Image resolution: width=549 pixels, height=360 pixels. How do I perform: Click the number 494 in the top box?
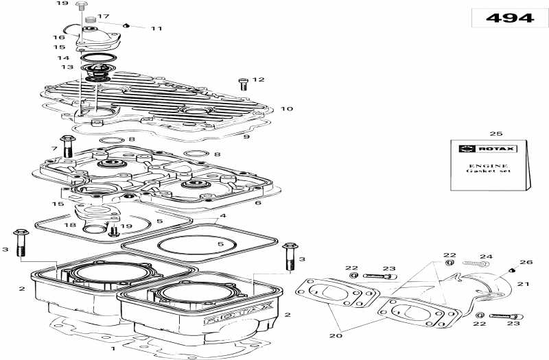tap(510, 18)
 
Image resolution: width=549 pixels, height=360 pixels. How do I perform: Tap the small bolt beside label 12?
tap(243, 84)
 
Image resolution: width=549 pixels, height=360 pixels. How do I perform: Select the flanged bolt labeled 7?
tap(68, 147)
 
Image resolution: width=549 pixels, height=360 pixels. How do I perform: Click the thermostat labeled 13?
tap(97, 73)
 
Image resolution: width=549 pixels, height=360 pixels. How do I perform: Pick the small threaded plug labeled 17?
tap(91, 20)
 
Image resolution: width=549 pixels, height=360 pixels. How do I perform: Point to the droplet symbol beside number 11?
tap(126, 25)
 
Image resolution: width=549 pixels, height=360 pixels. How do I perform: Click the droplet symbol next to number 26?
tap(513, 269)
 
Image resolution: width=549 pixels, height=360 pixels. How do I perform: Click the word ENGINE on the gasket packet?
tap(488, 165)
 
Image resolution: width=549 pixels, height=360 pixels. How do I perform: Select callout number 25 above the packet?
tap(495, 133)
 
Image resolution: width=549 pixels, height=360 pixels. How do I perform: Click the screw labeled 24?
tap(476, 263)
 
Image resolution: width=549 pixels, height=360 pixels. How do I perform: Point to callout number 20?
tap(336, 335)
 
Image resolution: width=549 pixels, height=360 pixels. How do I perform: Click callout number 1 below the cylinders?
tap(113, 348)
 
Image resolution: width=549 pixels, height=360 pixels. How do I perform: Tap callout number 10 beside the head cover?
tap(286, 108)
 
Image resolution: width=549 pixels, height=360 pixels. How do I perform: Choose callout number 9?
tap(246, 136)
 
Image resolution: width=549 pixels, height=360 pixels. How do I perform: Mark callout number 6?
tap(258, 202)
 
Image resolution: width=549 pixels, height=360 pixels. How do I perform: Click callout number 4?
tap(223, 215)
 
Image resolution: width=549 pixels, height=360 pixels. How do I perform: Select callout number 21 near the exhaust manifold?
tap(524, 284)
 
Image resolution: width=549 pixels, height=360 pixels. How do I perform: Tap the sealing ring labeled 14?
tap(98, 58)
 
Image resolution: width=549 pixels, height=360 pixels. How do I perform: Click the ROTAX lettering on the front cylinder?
tap(238, 313)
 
